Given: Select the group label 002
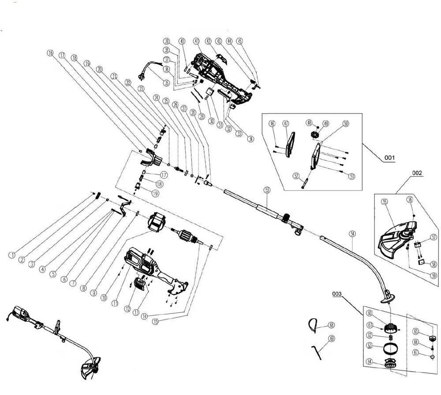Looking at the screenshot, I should (417, 173).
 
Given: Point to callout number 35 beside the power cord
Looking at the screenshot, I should (166, 83).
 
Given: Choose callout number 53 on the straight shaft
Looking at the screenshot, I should (267, 190).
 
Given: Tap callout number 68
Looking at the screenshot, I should (332, 325).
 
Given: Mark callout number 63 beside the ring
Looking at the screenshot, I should (370, 346).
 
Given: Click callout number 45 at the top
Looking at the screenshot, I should (240, 41).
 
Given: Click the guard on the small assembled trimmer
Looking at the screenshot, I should (88, 369).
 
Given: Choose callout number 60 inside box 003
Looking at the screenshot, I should (370, 313).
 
